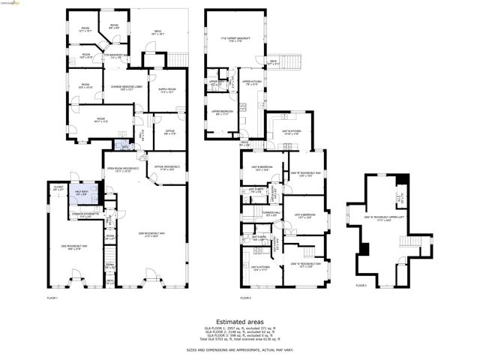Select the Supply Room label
coord(166,91)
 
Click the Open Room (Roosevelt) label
coord(119,169)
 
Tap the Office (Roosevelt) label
coord(166,169)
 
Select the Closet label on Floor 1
coord(58,189)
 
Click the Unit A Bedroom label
coord(304,216)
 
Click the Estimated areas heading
coord(240,320)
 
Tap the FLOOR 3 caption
coord(361,285)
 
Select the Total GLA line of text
coord(240,340)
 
